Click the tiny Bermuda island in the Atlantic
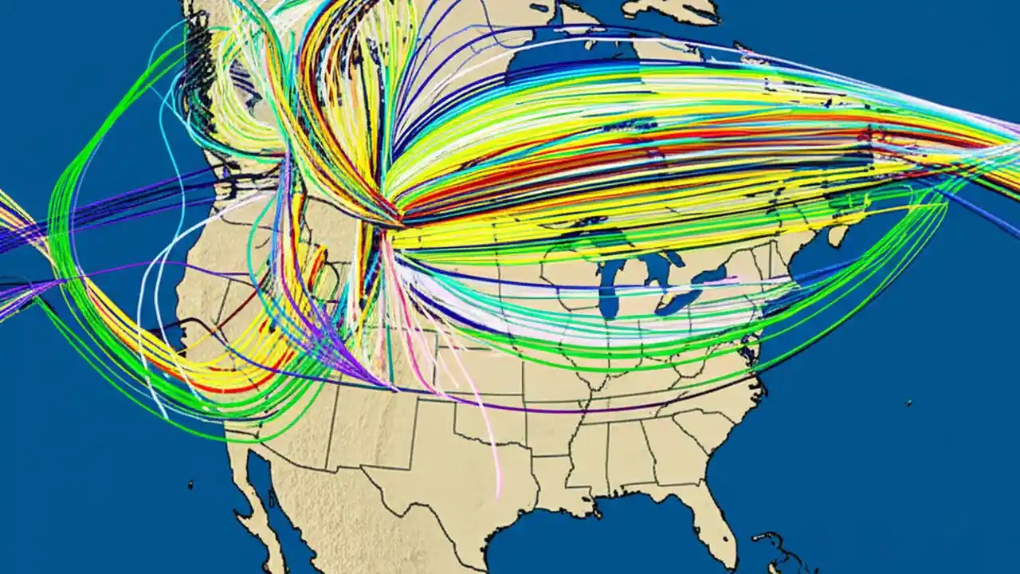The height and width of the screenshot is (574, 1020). [x=908, y=403]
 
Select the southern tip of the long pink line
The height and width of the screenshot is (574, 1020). [x=500, y=493]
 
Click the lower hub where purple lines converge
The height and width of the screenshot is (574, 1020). [x=390, y=387]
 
